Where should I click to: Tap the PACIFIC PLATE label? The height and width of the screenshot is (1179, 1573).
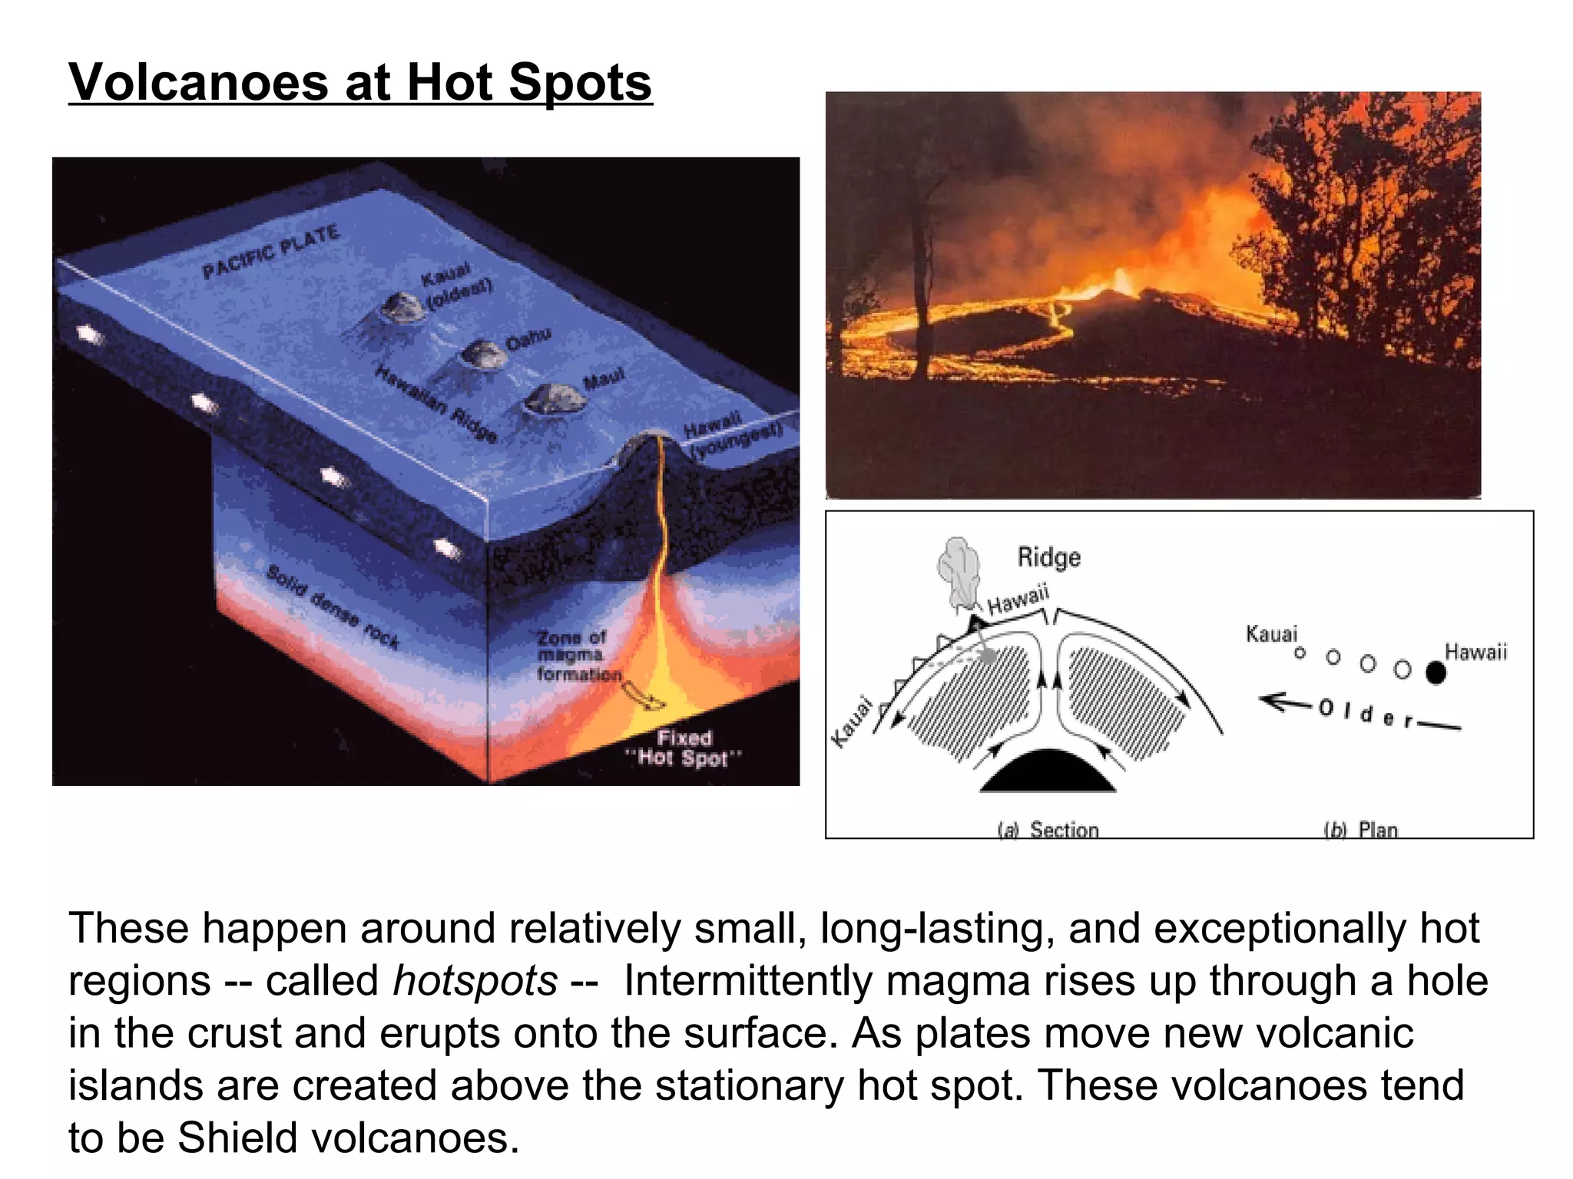coord(270,251)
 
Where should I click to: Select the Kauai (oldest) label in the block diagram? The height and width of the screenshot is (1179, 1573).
coord(455,286)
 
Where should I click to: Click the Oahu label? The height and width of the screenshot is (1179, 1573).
coord(528,339)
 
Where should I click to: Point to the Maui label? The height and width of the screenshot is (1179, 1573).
coord(604,378)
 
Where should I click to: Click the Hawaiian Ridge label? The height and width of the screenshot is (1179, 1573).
coord(436,404)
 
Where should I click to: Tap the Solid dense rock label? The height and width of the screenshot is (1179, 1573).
coord(333,606)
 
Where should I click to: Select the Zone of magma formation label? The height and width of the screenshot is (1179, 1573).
coord(578,656)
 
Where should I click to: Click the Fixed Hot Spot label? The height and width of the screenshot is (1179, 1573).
coord(684,748)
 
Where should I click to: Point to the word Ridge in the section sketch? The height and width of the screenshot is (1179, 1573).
coord(1048,557)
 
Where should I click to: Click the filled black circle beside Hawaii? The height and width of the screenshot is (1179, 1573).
coord(1435,673)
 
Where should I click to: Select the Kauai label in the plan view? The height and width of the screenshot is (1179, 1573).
coord(1271,634)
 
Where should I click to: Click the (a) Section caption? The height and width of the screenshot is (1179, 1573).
coord(1048,830)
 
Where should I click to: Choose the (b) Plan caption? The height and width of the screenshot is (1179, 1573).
coord(1360,830)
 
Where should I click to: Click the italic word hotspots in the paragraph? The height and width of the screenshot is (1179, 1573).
coord(475,981)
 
